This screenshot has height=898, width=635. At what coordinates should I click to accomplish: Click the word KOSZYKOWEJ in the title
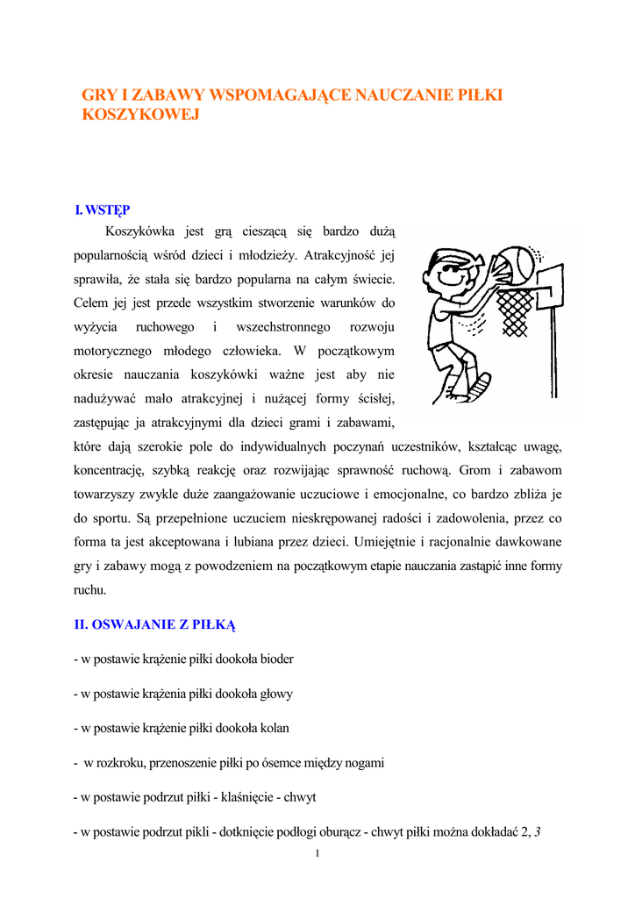pos(141,115)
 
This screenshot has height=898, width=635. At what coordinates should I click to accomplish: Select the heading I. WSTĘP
pos(103,210)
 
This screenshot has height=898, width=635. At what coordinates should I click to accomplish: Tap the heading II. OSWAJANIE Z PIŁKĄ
pos(155,625)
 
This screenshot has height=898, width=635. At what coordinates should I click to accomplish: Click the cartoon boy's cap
pos(451,258)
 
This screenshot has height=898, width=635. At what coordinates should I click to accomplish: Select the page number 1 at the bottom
pos(317,854)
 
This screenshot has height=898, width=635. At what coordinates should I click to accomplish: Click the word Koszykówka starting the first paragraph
pos(140,232)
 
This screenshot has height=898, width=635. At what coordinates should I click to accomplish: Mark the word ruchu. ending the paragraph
pos(89,590)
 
